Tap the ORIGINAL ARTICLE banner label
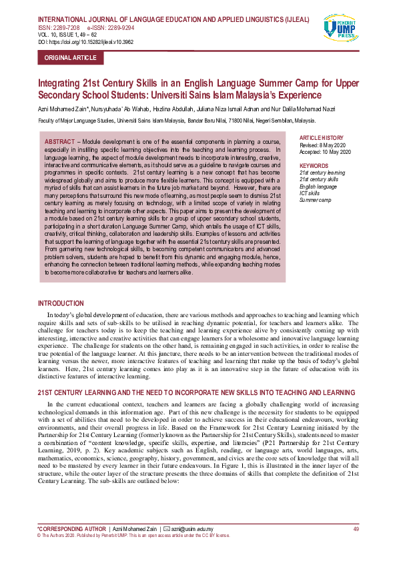[70, 58]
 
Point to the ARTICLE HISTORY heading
[322, 137]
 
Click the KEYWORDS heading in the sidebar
[314, 165]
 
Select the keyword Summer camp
[315, 200]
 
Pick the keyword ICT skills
[311, 193]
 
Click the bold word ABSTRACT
[59, 143]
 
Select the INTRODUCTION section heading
[61, 303]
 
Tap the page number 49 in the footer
[356, 528]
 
